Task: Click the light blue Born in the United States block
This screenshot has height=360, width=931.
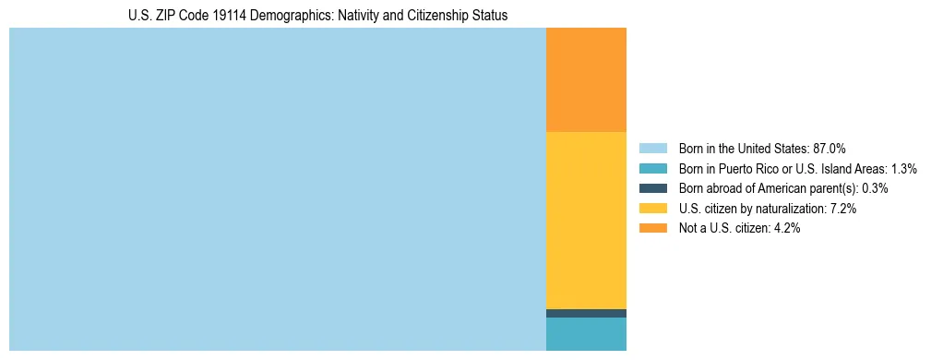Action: [x=277, y=189]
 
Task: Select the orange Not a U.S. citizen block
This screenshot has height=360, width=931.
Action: [x=586, y=80]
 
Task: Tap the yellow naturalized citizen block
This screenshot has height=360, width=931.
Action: [x=586, y=220]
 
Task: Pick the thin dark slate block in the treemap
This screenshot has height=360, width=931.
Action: [x=586, y=313]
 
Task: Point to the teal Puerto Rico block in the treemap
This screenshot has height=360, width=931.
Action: [x=586, y=334]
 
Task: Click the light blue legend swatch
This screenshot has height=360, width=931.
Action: [x=652, y=148]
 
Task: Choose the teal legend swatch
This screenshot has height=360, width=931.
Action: [x=652, y=168]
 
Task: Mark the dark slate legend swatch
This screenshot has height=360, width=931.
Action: [x=652, y=188]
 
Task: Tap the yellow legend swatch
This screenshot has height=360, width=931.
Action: [x=652, y=209]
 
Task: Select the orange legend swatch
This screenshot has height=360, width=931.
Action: [x=652, y=229]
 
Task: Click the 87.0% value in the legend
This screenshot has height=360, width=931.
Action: [x=830, y=148]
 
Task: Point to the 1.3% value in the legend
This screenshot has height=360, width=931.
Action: [x=903, y=168]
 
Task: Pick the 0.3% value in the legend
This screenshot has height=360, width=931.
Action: [x=876, y=188]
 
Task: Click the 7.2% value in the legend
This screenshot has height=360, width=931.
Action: [x=843, y=209]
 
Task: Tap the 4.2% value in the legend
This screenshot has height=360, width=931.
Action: [x=787, y=229]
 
